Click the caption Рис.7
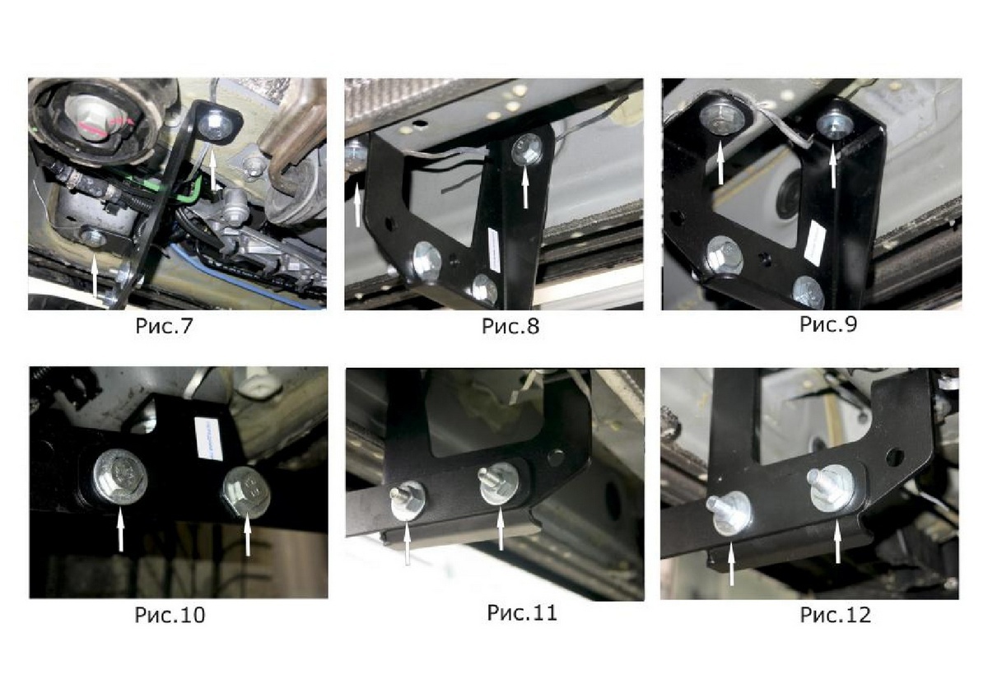coord(164,326)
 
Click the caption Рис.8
coord(510,327)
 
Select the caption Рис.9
coord(828,324)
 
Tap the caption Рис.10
coord(170,615)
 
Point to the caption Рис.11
coord(522,613)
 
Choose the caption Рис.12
coord(836,615)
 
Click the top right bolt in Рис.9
coord(832,123)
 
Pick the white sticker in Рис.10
coord(208,438)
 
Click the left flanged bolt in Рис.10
coord(119,477)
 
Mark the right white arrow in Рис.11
coord(500,528)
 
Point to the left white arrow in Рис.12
coord(732,565)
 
